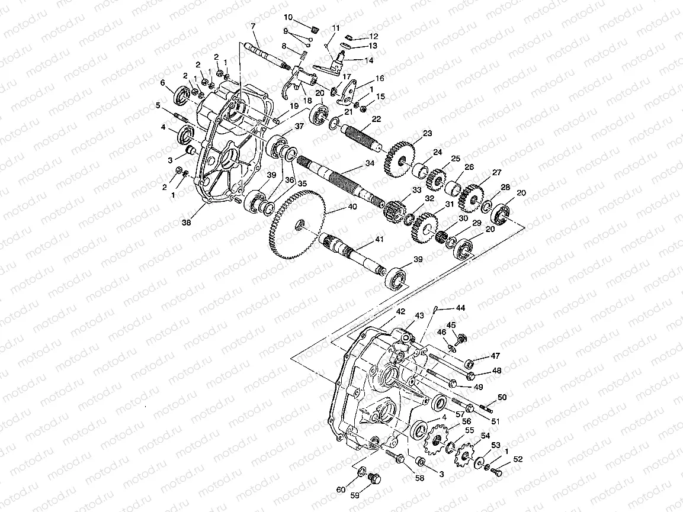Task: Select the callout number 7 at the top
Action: click(x=253, y=26)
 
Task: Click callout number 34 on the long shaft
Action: click(x=370, y=163)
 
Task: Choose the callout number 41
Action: click(x=377, y=240)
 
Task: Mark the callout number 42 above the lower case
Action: click(x=401, y=311)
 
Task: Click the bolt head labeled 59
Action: click(x=373, y=478)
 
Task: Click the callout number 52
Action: click(x=518, y=459)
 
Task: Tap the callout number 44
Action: click(x=460, y=308)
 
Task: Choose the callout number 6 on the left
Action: click(x=162, y=83)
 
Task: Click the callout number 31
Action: click(x=449, y=205)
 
